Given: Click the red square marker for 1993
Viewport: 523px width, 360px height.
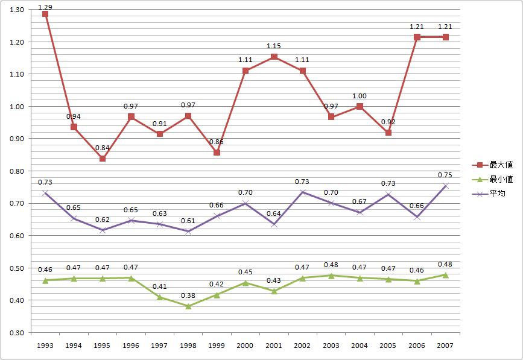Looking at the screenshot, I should pyautogui.click(x=45, y=14).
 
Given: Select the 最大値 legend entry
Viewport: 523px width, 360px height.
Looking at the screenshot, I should pyautogui.click(x=494, y=164).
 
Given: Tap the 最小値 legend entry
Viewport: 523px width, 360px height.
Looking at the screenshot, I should pyautogui.click(x=494, y=178).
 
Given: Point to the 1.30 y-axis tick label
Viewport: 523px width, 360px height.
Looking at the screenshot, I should pyautogui.click(x=16, y=10).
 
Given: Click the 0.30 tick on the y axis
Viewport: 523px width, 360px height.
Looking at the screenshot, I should pyautogui.click(x=16, y=332).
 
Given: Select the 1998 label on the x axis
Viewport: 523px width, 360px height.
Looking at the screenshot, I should pyautogui.click(x=188, y=346).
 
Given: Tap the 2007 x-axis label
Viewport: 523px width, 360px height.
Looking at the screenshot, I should pyautogui.click(x=446, y=346).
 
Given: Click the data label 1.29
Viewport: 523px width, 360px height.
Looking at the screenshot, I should pyautogui.click(x=45, y=5).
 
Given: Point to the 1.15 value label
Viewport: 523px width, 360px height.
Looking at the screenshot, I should pyautogui.click(x=274, y=46).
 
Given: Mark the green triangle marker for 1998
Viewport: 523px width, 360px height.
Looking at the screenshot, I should pyautogui.click(x=188, y=306).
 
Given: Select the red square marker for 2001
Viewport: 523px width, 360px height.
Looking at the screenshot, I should pyautogui.click(x=274, y=57).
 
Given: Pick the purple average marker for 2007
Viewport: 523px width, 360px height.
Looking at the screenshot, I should pyautogui.click(x=446, y=186).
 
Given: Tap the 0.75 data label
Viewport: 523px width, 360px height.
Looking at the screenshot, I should pyautogui.click(x=446, y=176).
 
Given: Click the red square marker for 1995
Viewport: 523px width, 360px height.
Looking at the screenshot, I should pyautogui.click(x=103, y=159).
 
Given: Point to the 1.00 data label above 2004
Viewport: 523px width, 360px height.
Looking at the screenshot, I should pyautogui.click(x=360, y=96).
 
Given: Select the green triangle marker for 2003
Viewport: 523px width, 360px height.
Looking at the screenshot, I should pyautogui.click(x=331, y=276).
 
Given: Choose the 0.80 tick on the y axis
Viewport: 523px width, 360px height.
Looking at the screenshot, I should pyautogui.click(x=16, y=171).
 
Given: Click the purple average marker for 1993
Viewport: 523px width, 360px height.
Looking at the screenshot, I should pyautogui.click(x=45, y=193).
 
